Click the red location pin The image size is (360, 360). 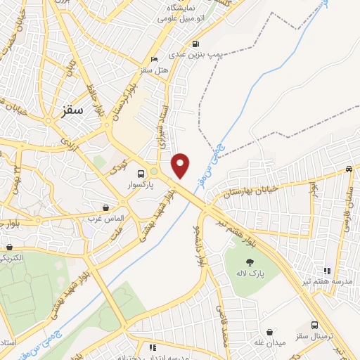(x=181, y=165)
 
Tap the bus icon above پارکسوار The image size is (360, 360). (x=141, y=174)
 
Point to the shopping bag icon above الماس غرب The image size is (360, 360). (x=105, y=207)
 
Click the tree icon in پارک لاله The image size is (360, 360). (x=250, y=262)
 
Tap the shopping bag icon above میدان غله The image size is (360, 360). (x=270, y=331)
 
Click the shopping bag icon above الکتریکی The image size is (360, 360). (x=9, y=247)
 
